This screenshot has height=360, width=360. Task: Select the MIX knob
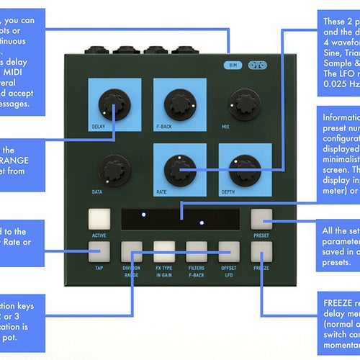244,105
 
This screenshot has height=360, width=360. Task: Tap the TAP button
99,251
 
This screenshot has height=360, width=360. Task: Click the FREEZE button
261,251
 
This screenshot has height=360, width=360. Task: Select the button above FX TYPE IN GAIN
164,251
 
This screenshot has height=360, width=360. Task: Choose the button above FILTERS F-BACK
197,251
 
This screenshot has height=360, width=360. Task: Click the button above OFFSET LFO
229,251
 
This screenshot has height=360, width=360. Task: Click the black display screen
181,218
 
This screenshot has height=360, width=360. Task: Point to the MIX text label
225,126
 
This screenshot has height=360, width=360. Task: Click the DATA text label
96,192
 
